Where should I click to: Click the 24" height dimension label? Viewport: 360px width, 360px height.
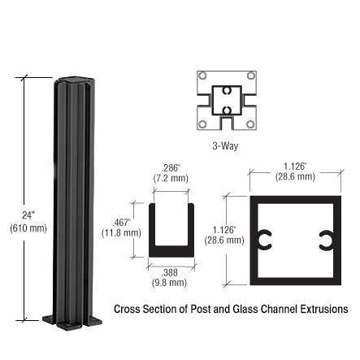click(x=27, y=216)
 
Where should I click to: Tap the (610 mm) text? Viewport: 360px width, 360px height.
click(x=27, y=228)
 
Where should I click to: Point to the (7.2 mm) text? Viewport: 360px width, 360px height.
click(x=171, y=178)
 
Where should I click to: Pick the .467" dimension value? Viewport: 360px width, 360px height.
click(x=122, y=221)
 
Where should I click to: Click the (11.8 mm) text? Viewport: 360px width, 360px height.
click(x=122, y=232)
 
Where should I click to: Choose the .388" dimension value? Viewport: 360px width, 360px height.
click(x=171, y=272)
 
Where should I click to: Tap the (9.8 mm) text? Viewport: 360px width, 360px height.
click(x=171, y=283)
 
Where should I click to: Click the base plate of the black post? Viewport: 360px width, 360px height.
click(x=73, y=320)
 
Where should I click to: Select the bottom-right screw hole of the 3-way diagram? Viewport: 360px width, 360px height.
click(x=249, y=124)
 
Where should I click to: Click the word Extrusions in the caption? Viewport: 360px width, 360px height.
click(x=325, y=310)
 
